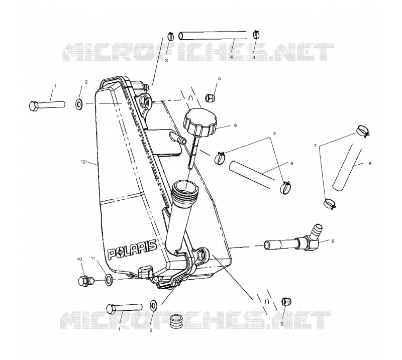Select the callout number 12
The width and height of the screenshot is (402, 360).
(x=83, y=162)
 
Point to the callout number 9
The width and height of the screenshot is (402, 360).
(x=333, y=241)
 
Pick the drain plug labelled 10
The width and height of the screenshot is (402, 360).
(x=84, y=281)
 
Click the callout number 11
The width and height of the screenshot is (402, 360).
(x=93, y=259)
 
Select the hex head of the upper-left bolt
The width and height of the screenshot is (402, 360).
(x=34, y=106)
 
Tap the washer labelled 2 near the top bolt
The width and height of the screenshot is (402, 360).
(x=78, y=104)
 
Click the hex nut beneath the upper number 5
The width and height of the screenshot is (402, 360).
(x=210, y=97)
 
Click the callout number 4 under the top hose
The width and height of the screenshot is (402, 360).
(x=232, y=57)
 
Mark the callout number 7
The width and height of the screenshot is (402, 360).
(x=316, y=146)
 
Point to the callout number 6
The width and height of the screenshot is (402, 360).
(x=235, y=126)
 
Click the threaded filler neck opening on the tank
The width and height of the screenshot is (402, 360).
(x=185, y=187)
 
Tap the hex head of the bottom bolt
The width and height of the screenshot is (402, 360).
(x=112, y=309)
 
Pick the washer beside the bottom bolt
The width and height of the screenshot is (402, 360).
(x=154, y=305)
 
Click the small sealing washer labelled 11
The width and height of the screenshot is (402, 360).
(x=109, y=280)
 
